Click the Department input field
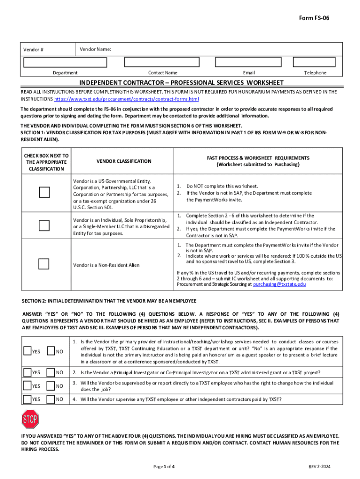[x=65, y=63]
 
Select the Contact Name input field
[x=162, y=63]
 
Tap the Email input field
[x=249, y=63]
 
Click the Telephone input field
[x=315, y=63]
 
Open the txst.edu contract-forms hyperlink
[x=127, y=100]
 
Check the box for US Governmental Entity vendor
[x=44, y=192]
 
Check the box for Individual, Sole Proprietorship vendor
[x=44, y=225]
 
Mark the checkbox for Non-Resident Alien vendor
[x=44, y=264]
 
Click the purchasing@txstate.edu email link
[x=280, y=284]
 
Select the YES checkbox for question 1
[x=28, y=351]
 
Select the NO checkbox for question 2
[x=51, y=372]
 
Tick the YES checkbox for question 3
[x=28, y=386]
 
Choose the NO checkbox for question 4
[x=51, y=399]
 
